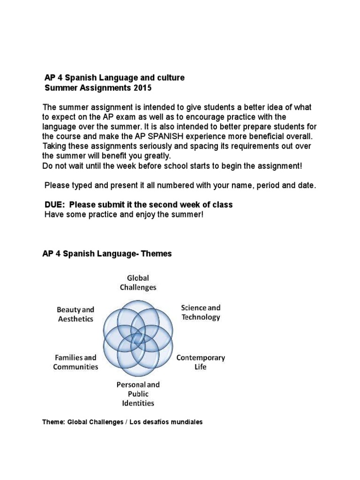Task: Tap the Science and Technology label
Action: pos(201,313)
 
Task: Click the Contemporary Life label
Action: pos(201,362)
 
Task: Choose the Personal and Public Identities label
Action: pos(138,393)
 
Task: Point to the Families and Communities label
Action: pos(75,362)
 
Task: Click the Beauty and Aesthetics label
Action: pos(75,314)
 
